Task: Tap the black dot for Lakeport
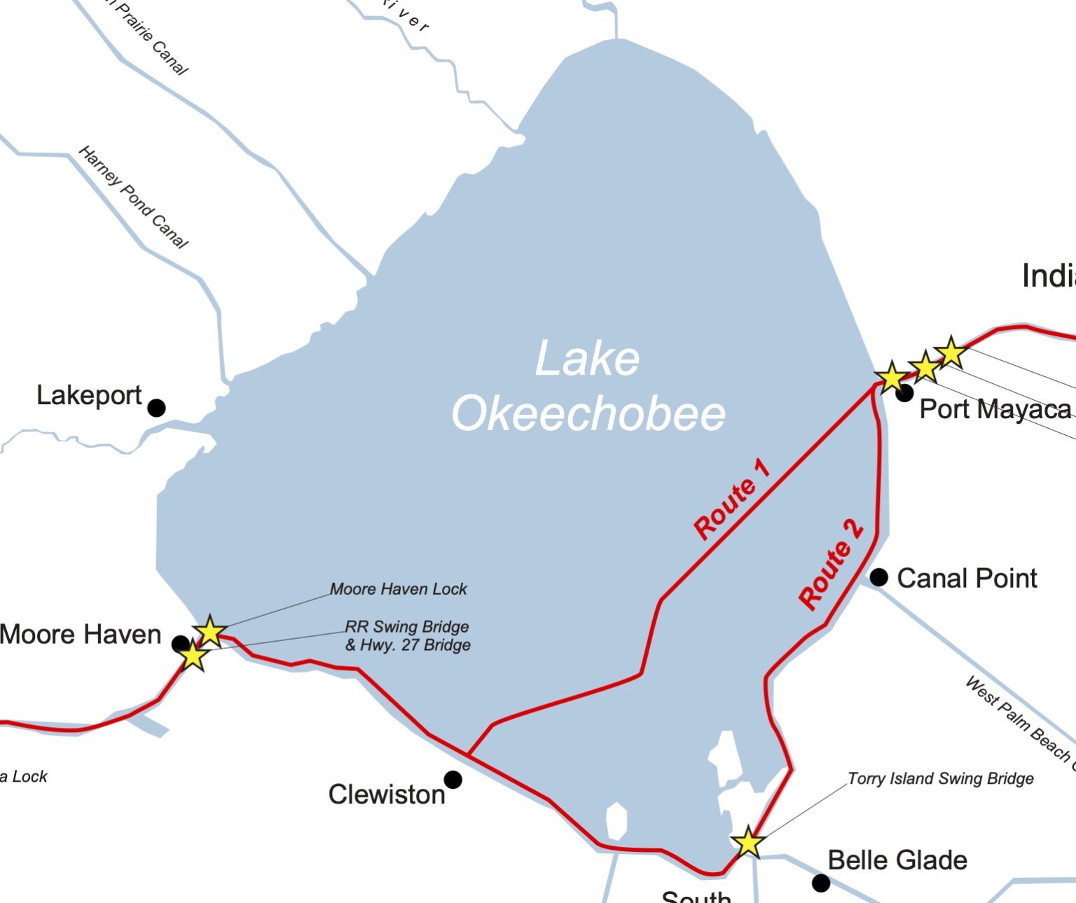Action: (x=156, y=407)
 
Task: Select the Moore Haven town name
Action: (x=81, y=635)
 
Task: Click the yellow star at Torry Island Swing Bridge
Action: (x=748, y=842)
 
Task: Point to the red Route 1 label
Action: (x=732, y=499)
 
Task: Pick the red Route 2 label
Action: (x=831, y=565)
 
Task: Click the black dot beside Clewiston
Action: (x=453, y=779)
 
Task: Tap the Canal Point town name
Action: (x=967, y=579)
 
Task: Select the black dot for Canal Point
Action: (x=878, y=577)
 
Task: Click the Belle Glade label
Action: (x=897, y=860)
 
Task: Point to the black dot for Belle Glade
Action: (x=821, y=883)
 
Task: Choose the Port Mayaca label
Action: (x=995, y=409)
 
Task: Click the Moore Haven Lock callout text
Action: (x=398, y=589)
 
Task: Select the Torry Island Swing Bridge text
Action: (x=940, y=778)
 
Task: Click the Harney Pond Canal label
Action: (x=133, y=197)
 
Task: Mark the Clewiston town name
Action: (x=387, y=794)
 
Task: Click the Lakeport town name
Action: (x=89, y=396)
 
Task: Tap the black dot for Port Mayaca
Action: (x=904, y=393)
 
